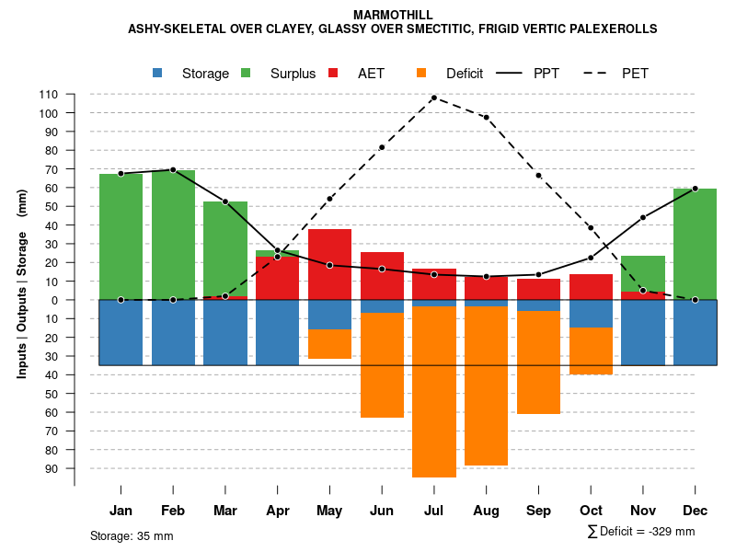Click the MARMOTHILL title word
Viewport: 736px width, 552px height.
tap(393, 15)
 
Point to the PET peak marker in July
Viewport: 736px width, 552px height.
tap(434, 98)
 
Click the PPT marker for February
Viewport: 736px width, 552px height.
tap(173, 170)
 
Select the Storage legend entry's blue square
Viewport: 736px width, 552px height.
tap(158, 73)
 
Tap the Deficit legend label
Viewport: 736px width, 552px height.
tap(465, 74)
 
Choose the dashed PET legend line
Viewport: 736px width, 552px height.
tap(601, 74)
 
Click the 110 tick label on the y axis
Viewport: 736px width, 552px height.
tap(49, 95)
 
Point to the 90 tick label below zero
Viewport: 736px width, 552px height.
tap(52, 468)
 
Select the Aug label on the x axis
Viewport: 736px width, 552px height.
tap(486, 511)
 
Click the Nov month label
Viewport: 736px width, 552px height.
tap(643, 511)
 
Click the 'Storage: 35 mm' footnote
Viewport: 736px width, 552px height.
tap(132, 535)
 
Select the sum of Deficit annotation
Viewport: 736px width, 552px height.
tap(640, 532)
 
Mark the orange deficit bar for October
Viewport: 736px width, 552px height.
tap(591, 351)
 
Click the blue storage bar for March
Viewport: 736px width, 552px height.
tap(225, 332)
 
